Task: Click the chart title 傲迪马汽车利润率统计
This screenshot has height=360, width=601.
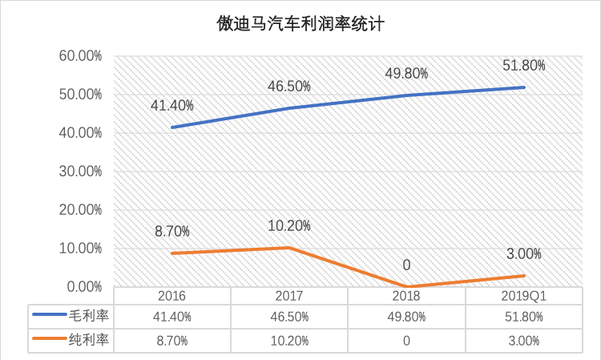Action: pos(300,25)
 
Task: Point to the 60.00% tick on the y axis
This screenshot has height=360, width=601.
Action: pos(79,56)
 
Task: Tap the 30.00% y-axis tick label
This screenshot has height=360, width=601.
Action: pos(79,172)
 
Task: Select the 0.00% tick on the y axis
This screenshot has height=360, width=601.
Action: pos(82,287)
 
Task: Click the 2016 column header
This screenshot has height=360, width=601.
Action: pos(171,296)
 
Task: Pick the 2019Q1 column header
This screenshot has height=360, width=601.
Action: pos(524,296)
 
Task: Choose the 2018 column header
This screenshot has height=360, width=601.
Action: pos(406,296)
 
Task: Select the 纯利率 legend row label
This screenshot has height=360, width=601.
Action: pos(89,340)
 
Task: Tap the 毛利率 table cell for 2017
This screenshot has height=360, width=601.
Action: pos(289,317)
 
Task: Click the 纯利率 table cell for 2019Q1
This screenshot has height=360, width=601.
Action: pos(524,341)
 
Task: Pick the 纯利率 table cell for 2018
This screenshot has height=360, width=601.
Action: pos(406,341)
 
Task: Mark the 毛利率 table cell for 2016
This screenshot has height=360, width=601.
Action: pos(171,317)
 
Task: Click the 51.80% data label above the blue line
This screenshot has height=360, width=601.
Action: pos(524,66)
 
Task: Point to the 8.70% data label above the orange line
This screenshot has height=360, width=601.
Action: pos(171,231)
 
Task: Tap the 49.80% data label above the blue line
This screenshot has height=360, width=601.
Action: pos(406,73)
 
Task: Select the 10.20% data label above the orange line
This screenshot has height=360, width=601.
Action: pos(289,225)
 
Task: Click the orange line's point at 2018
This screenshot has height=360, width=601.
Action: pos(406,286)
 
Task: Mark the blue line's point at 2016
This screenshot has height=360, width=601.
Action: pos(171,127)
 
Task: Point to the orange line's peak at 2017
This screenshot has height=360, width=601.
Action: pos(289,248)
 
